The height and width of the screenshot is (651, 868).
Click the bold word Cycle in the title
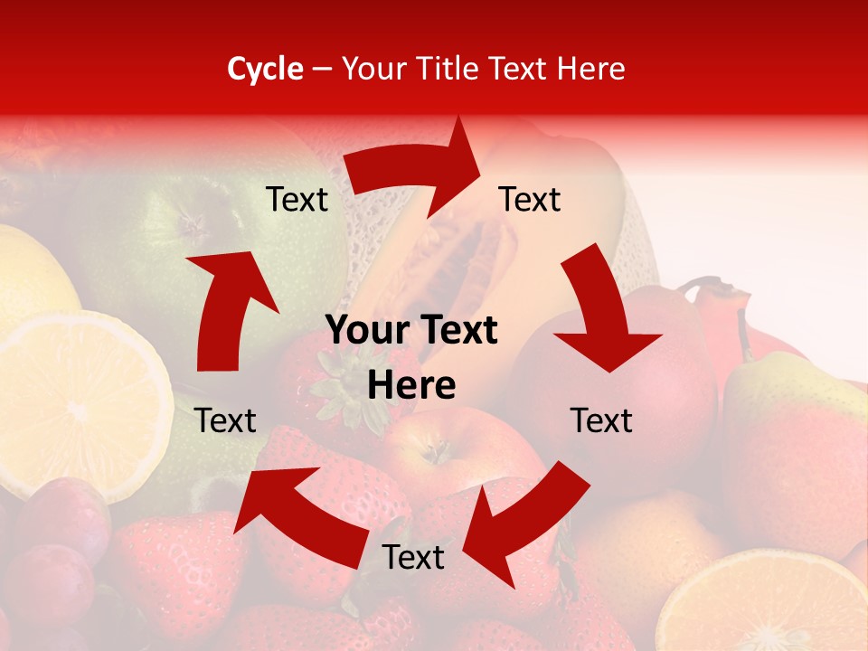[265, 69]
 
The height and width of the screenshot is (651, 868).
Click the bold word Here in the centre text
[411, 386]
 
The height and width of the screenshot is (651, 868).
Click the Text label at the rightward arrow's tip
[530, 199]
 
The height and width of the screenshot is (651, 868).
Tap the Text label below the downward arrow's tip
[601, 420]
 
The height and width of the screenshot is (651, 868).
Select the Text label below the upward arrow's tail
[225, 420]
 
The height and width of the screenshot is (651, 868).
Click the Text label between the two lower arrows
[413, 557]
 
